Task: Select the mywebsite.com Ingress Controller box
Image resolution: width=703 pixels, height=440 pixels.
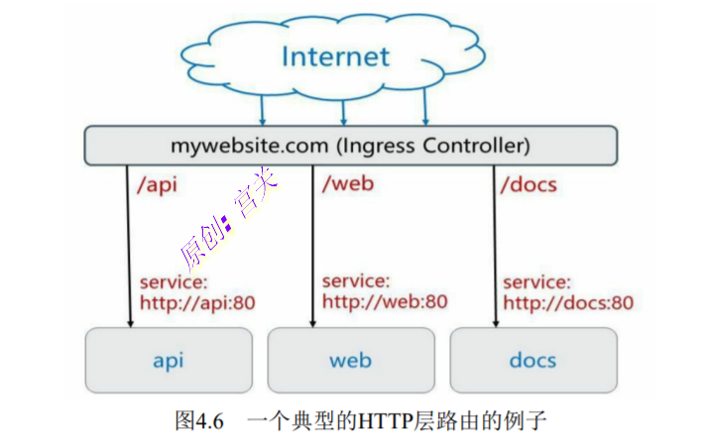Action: (x=350, y=146)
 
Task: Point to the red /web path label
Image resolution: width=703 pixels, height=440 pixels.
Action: (x=348, y=185)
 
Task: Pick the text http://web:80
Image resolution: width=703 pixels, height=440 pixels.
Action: (x=384, y=302)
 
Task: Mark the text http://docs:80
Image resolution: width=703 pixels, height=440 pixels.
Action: (x=567, y=303)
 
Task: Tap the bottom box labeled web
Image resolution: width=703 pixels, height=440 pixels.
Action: (x=350, y=360)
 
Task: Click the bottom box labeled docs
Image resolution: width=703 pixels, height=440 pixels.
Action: (x=532, y=360)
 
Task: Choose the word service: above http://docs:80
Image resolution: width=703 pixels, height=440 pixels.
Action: (x=535, y=282)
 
